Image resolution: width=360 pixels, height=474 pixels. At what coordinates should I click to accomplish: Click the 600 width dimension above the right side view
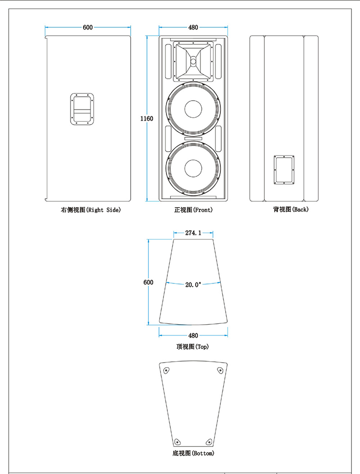tap(88, 28)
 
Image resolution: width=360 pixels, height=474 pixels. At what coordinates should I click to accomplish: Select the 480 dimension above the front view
tap(193, 28)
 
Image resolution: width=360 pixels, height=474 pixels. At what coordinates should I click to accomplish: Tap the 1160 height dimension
tap(146, 119)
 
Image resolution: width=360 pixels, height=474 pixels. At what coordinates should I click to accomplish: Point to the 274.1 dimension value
tap(193, 233)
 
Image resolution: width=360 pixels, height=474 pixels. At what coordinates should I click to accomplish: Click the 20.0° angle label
tap(193, 285)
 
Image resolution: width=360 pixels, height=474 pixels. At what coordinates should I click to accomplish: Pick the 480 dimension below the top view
tap(193, 335)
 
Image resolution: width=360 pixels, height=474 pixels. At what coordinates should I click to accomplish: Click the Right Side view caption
tap(90, 210)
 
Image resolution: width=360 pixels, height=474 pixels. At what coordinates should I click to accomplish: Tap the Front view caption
tap(193, 210)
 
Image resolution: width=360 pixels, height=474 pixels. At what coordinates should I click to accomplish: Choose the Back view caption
tap(290, 210)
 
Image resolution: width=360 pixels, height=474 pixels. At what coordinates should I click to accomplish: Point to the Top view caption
tap(193, 347)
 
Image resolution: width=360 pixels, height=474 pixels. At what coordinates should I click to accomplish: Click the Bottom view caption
tap(193, 453)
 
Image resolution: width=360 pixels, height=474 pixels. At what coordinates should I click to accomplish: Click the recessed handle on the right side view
tap(82, 109)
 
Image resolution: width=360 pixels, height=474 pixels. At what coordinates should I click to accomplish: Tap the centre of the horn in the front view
tap(193, 61)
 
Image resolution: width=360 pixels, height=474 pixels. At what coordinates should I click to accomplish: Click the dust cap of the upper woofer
tap(193, 108)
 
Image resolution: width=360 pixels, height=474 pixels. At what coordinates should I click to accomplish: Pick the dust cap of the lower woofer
tap(193, 168)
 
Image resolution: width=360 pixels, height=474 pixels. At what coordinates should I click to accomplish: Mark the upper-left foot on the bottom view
tap(166, 370)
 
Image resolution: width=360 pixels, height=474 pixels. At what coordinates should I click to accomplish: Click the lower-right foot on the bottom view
tap(209, 441)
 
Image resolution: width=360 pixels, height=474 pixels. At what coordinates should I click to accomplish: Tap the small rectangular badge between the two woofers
tap(193, 140)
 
